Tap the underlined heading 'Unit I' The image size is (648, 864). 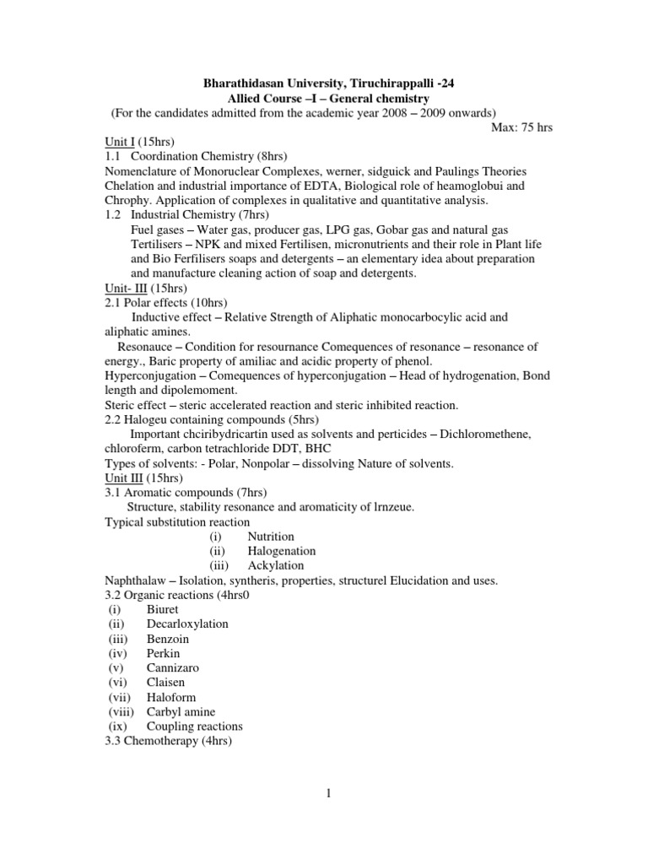pyautogui.click(x=121, y=142)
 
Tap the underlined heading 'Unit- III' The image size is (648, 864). pyautogui.click(x=126, y=288)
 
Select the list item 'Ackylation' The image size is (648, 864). pyautogui.click(x=276, y=565)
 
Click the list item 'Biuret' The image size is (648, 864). pyautogui.click(x=163, y=609)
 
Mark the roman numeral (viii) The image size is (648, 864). pyautogui.click(x=121, y=711)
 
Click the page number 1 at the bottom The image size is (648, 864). pyautogui.click(x=324, y=818)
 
